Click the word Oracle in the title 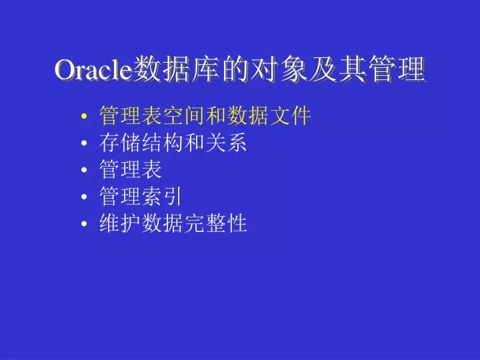(x=94, y=69)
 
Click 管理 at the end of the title (x=397, y=69)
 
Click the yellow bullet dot (x=84, y=116)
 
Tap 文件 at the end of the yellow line (x=290, y=116)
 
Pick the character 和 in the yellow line (x=216, y=116)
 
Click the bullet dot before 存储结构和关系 (x=84, y=143)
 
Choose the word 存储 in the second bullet (x=120, y=143)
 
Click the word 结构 (x=163, y=143)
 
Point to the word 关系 (x=227, y=143)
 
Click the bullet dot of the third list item (x=84, y=169)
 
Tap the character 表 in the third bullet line (x=152, y=169)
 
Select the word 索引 (x=162, y=196)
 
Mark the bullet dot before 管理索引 (x=84, y=197)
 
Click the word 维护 (x=120, y=223)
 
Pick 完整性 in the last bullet (x=216, y=223)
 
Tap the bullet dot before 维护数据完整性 (x=84, y=223)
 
